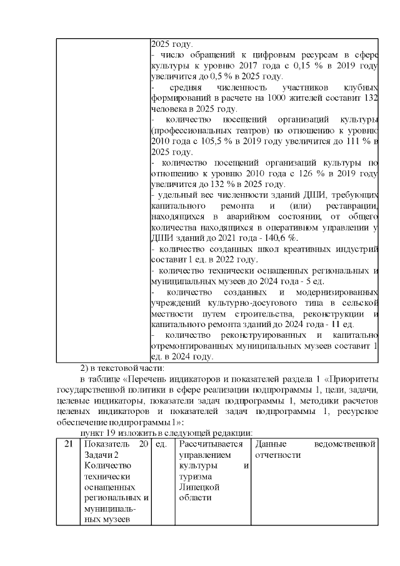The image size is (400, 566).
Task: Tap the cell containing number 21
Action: pyautogui.click(x=68, y=443)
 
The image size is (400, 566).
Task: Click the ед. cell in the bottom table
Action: pyautogui.click(x=161, y=443)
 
